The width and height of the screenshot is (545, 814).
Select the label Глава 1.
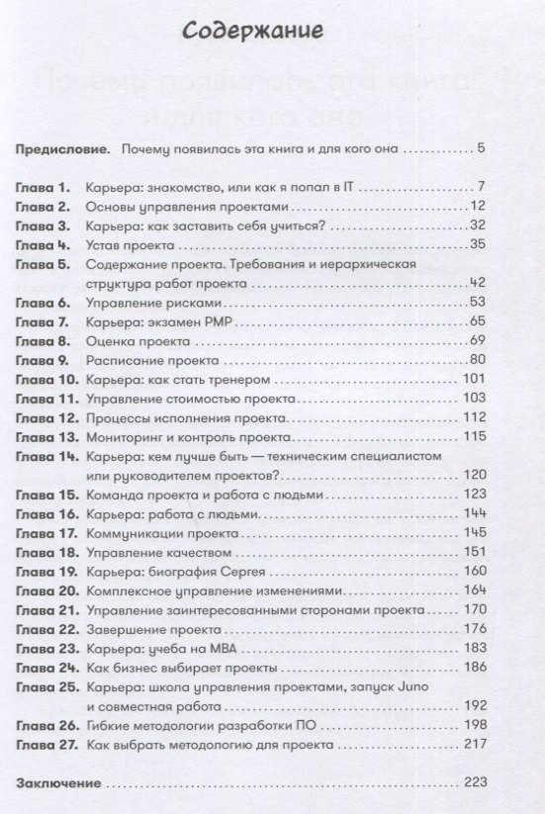(43, 187)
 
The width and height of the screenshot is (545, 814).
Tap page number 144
(474, 513)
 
